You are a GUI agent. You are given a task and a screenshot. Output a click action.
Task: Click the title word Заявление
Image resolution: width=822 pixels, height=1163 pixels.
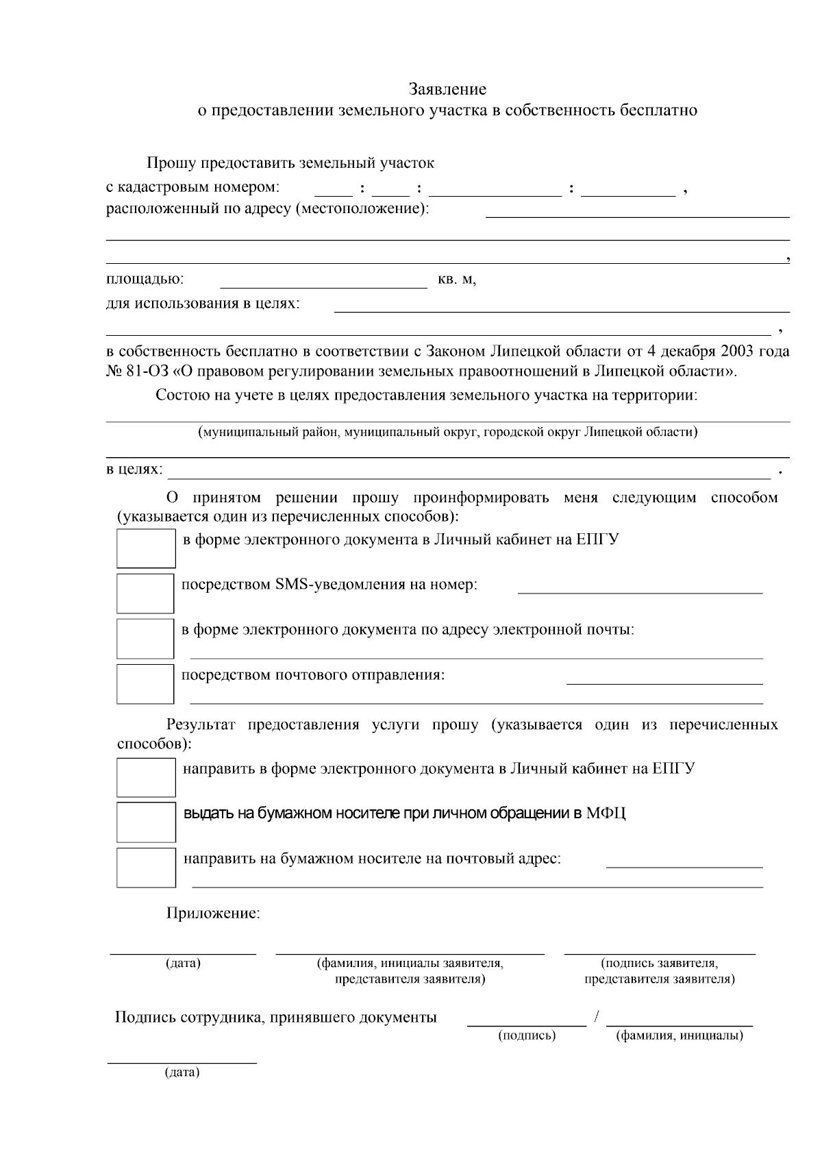(x=447, y=89)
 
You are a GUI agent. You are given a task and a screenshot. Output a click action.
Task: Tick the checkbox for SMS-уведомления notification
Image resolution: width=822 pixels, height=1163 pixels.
(x=145, y=593)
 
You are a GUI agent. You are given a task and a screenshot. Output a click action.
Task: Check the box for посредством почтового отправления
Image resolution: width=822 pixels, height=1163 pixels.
(x=145, y=683)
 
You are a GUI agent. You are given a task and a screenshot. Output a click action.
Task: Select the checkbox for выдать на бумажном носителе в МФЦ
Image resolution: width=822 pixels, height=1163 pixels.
(x=146, y=822)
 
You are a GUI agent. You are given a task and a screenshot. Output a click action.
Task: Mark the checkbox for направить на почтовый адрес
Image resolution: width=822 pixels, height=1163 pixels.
(x=146, y=868)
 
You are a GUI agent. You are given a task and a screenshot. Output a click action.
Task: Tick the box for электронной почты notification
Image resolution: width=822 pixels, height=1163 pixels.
(x=145, y=639)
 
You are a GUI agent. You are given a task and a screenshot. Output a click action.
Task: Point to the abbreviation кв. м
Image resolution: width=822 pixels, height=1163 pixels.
(x=456, y=280)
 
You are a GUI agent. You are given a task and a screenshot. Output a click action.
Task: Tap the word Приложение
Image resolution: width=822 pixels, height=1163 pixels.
(x=213, y=914)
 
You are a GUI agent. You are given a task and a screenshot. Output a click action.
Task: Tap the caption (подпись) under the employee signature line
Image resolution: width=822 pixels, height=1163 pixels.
(x=527, y=1036)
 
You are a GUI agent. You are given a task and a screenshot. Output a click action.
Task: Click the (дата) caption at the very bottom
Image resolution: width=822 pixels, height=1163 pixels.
(x=182, y=1072)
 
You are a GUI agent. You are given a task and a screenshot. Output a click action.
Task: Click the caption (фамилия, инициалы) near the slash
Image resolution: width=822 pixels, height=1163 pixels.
(x=680, y=1036)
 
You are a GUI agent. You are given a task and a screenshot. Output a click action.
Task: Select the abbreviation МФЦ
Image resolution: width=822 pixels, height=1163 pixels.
(x=606, y=813)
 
